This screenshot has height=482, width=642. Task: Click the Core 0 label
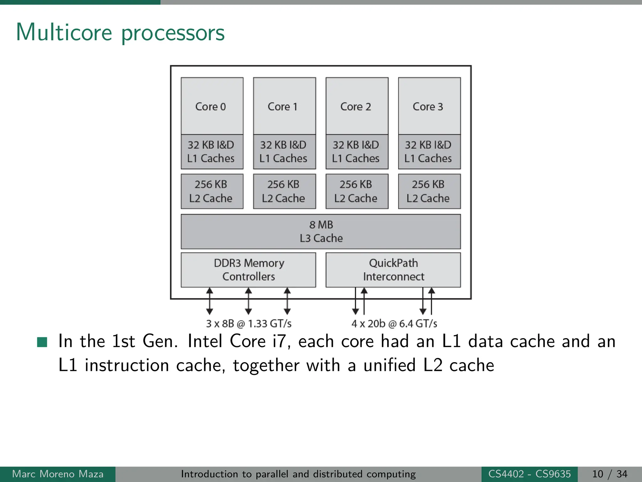211,107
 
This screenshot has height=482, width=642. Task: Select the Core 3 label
428,107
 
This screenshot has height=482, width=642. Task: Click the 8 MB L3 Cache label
321,232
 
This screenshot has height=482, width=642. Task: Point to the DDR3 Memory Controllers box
249,270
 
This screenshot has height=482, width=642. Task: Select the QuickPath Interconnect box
393,270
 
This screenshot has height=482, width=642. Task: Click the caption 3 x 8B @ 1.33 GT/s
249,324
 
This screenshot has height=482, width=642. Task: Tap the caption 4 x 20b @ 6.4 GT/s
394,324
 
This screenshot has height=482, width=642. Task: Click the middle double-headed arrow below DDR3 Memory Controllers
248,301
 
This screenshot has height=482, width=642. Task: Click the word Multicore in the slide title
64,32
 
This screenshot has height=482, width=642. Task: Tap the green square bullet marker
42,342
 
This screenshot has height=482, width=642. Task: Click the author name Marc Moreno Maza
58,474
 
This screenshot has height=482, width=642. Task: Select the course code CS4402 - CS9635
529,474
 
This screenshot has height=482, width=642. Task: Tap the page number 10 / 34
609,474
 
